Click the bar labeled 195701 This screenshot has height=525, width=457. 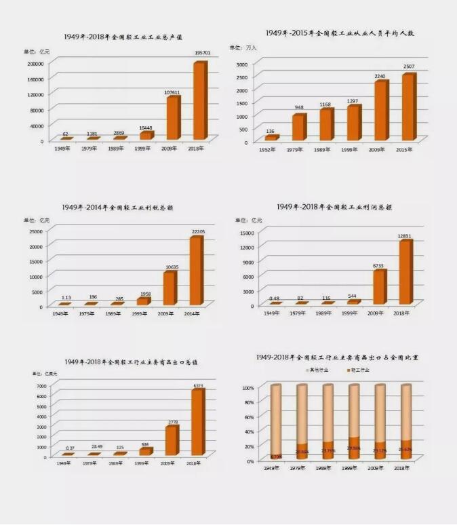(x=199, y=101)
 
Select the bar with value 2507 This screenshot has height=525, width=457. (x=408, y=107)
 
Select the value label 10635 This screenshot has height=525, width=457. (x=170, y=267)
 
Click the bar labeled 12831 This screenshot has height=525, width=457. (x=405, y=272)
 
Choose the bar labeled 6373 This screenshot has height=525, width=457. (x=197, y=422)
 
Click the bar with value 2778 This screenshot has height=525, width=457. (x=171, y=440)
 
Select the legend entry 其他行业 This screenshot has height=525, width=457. (x=318, y=370)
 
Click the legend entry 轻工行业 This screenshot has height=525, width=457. (x=359, y=370)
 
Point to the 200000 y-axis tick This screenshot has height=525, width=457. (x=35, y=63)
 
